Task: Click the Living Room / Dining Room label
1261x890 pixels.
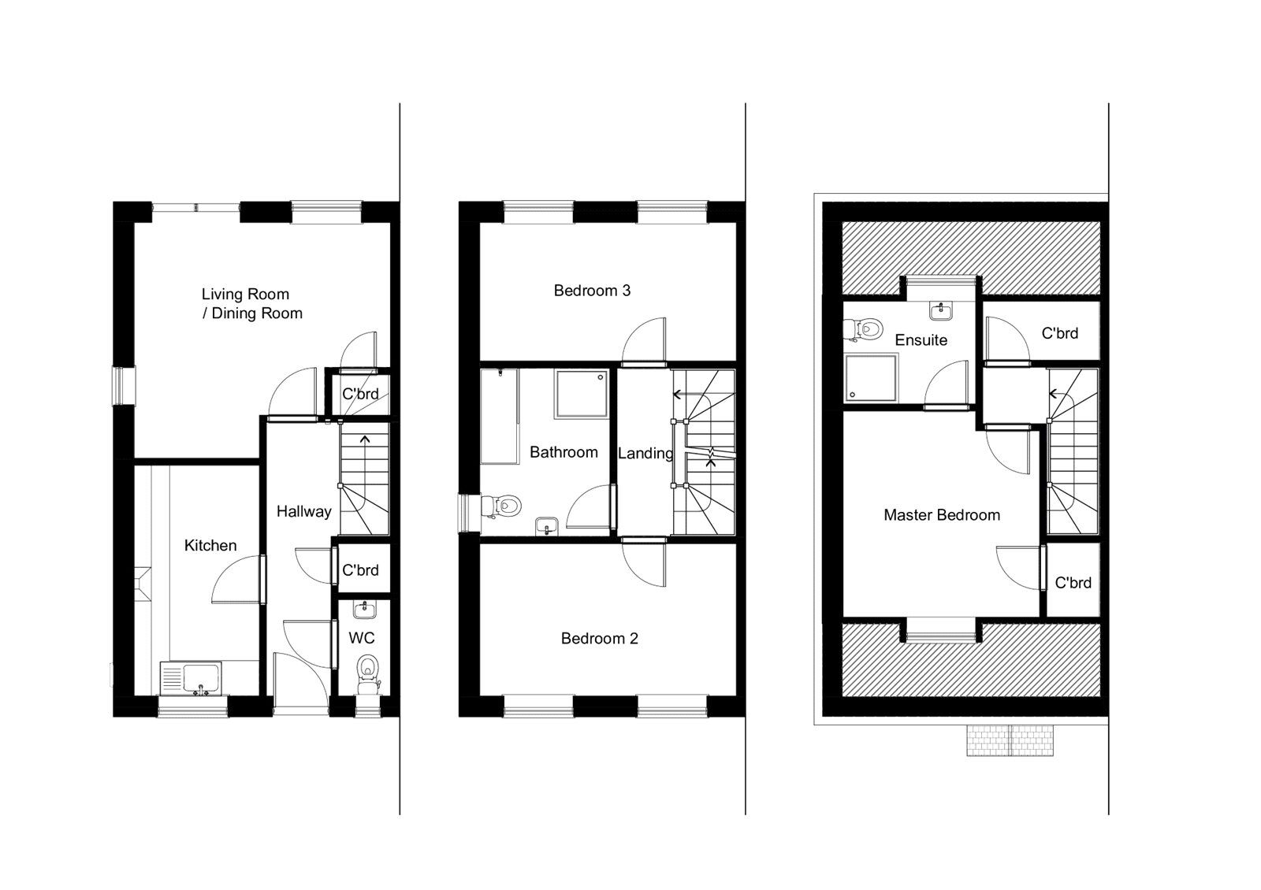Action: point(251,303)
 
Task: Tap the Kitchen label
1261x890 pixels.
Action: point(210,545)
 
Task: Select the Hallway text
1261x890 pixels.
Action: point(303,511)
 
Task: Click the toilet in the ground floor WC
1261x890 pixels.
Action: point(366,670)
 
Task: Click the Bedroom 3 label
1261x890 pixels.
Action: point(591,291)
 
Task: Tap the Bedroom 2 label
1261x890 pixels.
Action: point(599,638)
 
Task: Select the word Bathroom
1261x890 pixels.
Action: point(563,452)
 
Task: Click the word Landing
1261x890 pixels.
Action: point(644,453)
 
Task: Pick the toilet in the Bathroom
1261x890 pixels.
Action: point(504,505)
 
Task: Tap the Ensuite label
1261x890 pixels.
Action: point(921,340)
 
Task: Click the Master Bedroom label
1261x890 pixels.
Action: point(941,515)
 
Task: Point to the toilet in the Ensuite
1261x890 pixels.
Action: point(866,328)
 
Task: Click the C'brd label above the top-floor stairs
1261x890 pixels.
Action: point(1059,333)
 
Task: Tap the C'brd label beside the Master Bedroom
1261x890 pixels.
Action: point(1073,583)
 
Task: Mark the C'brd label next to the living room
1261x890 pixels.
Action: point(360,394)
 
